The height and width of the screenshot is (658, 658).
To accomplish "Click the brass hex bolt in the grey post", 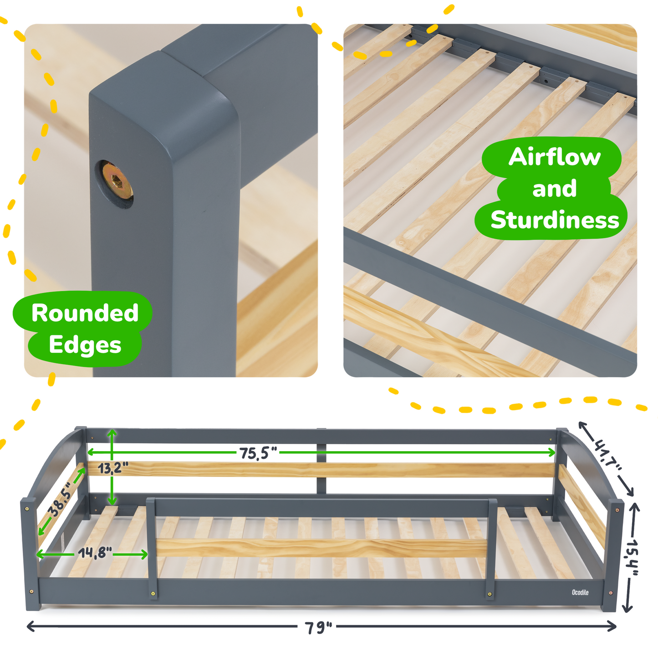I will point(117,181).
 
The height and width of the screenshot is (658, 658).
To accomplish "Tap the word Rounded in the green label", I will point(85,314).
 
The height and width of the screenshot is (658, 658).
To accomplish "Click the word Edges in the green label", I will point(85,345).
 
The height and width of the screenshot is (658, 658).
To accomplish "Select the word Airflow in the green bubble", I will point(554,157).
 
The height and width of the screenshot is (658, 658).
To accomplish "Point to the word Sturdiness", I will point(554,221).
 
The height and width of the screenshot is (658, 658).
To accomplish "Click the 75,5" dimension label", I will point(258,453).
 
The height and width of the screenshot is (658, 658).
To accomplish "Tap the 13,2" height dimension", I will point(112,468).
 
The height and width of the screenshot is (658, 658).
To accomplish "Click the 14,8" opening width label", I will point(95,553).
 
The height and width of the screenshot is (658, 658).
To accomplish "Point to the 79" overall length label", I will point(318,627).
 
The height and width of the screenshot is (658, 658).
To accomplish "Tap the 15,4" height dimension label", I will point(632,556).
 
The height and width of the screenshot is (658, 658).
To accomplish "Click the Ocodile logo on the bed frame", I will point(580,592).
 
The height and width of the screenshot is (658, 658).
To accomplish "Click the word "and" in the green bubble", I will point(554,189).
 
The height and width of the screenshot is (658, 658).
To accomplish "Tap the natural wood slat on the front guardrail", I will point(319,547).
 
